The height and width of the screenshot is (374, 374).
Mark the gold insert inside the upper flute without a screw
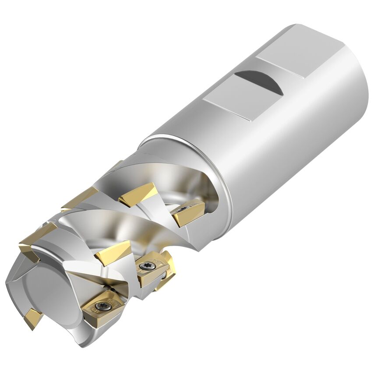tap(138, 194)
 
